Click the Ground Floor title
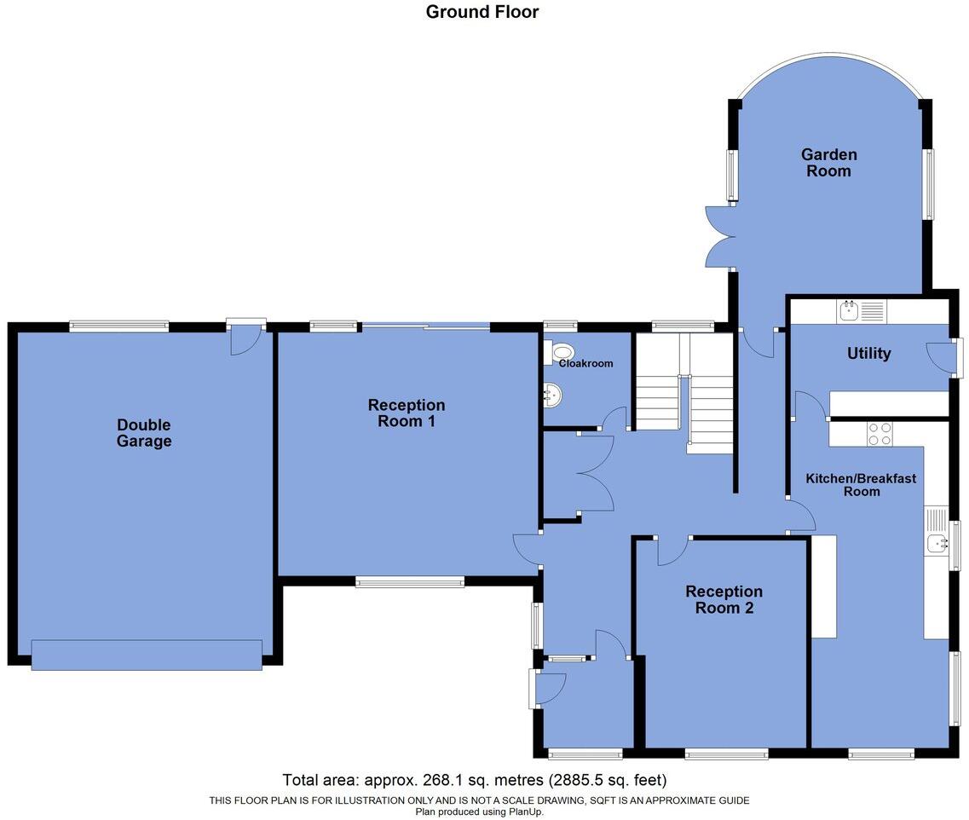[482, 12]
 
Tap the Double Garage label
[144, 433]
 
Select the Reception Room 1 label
[407, 413]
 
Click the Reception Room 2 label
[724, 599]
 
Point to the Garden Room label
[828, 162]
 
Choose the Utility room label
[868, 353]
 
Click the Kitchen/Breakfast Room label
[861, 484]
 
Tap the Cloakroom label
[585, 363]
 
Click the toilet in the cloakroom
[560, 352]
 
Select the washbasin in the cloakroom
[553, 394]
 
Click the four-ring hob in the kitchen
[879, 434]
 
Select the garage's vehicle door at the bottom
[147, 655]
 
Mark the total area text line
[474, 780]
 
